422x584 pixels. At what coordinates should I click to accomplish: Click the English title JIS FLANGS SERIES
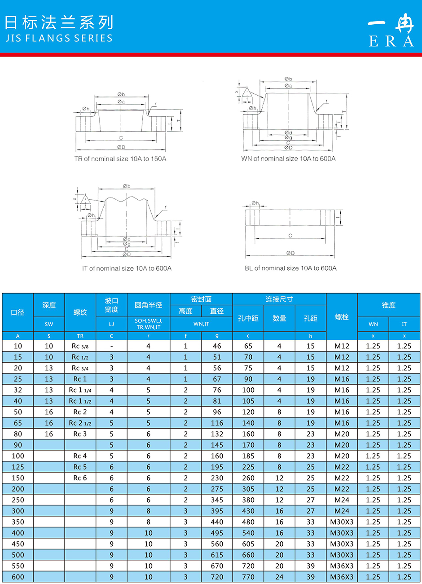click(x=59, y=38)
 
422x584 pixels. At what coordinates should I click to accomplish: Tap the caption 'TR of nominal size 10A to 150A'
click(x=120, y=159)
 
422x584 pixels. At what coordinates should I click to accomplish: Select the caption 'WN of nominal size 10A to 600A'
click(x=288, y=158)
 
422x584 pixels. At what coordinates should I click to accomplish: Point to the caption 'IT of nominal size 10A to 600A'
click(x=127, y=268)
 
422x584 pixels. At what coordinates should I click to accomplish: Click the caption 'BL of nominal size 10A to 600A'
click(x=290, y=268)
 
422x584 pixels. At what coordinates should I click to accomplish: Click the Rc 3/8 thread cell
click(x=80, y=346)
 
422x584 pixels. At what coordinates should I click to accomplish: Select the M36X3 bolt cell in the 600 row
click(x=342, y=577)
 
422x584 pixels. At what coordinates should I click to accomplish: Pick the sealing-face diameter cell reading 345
click(x=217, y=500)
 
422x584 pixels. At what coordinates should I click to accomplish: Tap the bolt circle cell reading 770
click(x=248, y=577)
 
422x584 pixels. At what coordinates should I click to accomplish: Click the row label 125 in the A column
click(x=18, y=467)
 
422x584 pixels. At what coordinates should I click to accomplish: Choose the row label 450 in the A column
click(x=18, y=544)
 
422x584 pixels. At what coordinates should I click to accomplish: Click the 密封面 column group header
click(x=201, y=299)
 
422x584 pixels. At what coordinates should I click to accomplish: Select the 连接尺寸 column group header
click(x=279, y=299)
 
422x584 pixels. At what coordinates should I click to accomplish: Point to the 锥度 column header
click(x=388, y=305)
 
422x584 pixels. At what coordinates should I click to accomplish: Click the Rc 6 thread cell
click(x=80, y=478)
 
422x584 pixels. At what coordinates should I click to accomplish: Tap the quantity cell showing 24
click(x=279, y=577)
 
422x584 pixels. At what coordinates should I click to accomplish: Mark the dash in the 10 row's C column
click(x=111, y=346)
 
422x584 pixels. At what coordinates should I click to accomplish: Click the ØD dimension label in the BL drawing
click(x=290, y=253)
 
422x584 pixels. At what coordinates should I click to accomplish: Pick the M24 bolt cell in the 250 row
click(x=342, y=500)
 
